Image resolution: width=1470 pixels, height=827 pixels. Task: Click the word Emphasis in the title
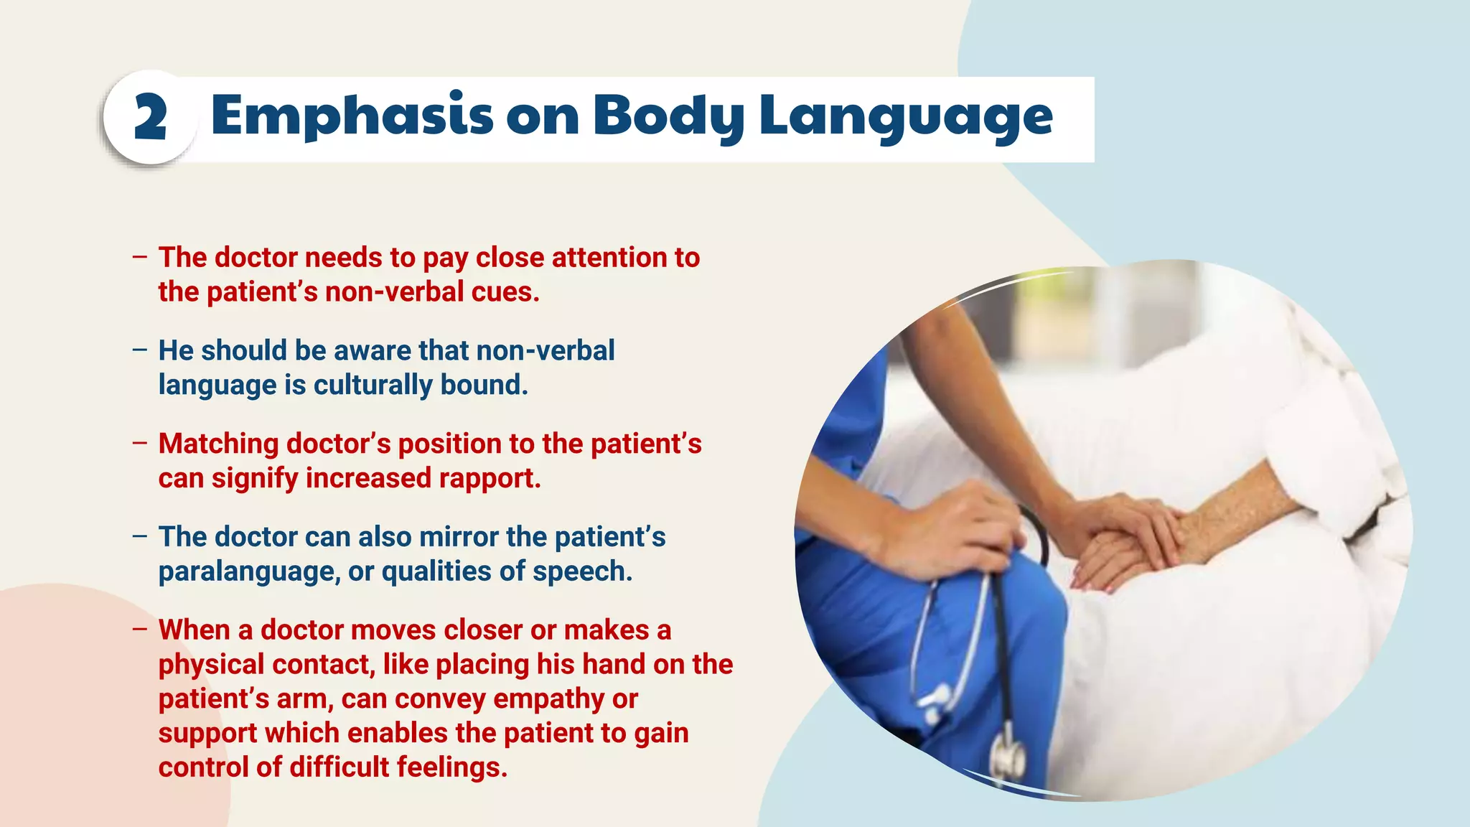(x=352, y=116)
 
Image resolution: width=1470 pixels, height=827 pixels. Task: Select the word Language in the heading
(x=906, y=116)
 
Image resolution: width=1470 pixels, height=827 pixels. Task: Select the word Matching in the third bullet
(x=218, y=444)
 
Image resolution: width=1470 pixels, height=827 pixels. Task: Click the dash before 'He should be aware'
(x=139, y=350)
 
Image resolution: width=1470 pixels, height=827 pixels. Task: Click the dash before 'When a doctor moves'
(x=139, y=630)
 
